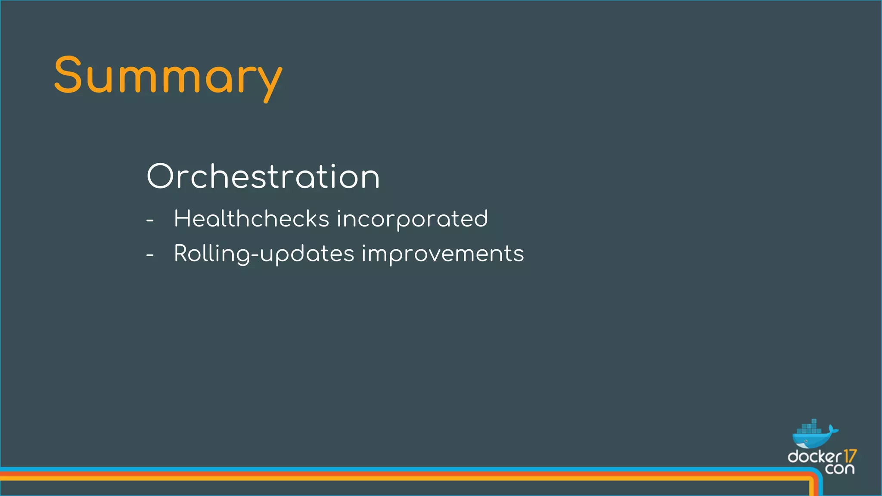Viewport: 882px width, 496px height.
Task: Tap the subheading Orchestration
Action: (x=263, y=177)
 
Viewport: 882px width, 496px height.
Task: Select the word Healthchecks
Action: (x=252, y=219)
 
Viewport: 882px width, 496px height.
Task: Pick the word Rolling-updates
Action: (x=264, y=254)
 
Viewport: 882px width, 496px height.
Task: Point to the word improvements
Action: (x=442, y=254)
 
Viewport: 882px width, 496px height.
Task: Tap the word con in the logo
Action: (x=840, y=469)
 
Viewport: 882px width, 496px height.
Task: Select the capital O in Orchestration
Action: (x=160, y=177)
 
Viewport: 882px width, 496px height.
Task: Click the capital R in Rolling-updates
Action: (x=181, y=253)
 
